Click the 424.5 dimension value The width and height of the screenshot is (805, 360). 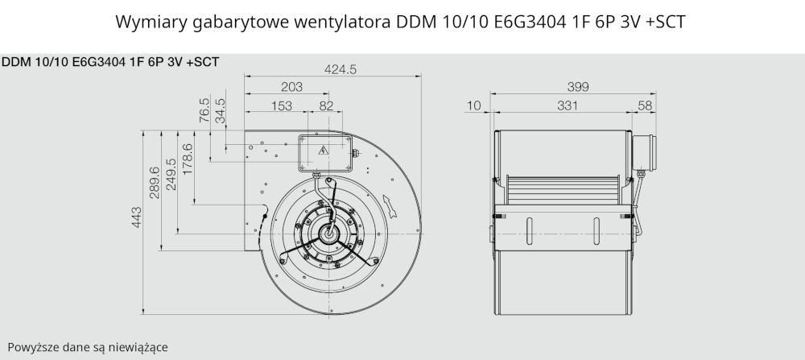coord(340,69)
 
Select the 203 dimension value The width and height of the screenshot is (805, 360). coord(292,87)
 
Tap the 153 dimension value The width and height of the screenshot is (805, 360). coord(281,106)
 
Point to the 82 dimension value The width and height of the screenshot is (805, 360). coord(326,106)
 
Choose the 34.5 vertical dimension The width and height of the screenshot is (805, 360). coord(221,110)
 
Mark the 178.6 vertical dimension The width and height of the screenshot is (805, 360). coord(188,159)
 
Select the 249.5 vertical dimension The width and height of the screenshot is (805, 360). coord(171,174)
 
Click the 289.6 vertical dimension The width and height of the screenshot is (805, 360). coord(154,182)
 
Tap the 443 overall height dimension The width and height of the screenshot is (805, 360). coord(137,217)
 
